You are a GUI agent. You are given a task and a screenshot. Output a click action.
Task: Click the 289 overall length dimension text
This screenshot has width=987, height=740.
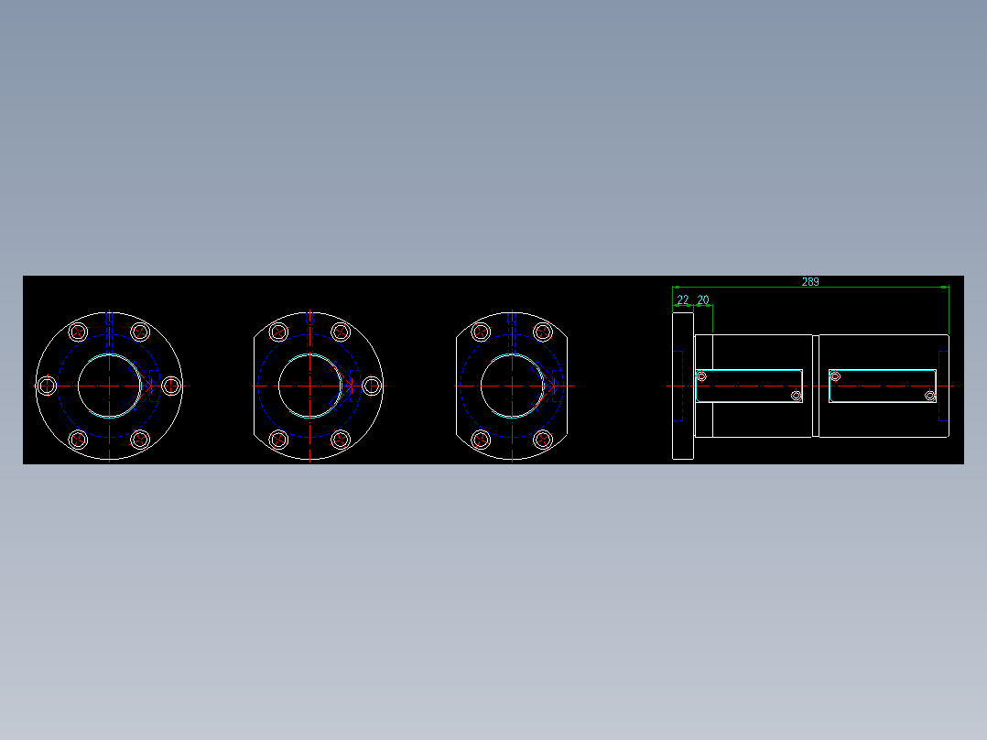[810, 282]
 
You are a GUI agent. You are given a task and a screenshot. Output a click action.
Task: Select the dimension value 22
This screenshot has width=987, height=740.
[683, 299]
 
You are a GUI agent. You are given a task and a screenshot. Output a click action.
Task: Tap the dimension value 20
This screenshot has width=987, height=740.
[703, 299]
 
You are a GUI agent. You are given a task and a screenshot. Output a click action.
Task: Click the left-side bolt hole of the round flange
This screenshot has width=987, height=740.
[46, 386]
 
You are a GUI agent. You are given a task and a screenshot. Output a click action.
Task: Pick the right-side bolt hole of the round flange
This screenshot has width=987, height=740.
[171, 386]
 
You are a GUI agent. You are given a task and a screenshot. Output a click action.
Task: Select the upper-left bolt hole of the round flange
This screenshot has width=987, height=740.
[78, 332]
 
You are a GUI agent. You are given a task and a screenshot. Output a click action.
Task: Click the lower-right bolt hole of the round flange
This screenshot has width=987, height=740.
[140, 440]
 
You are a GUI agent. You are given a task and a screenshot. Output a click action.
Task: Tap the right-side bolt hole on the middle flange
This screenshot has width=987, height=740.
[372, 386]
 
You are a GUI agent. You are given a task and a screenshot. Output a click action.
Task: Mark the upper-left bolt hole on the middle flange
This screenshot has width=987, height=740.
[279, 332]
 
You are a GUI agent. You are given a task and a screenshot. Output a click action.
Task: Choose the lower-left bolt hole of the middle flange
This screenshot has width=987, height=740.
[279, 440]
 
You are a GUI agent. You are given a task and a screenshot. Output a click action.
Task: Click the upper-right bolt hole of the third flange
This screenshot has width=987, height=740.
[542, 332]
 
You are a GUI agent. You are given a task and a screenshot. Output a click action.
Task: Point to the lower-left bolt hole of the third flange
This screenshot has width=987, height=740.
[481, 440]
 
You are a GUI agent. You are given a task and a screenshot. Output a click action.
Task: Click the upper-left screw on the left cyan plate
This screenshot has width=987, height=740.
[702, 376]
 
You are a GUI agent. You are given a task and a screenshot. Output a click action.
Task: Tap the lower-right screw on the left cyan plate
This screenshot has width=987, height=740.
[796, 396]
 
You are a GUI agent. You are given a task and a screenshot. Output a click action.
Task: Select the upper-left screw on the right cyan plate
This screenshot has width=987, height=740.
[835, 375]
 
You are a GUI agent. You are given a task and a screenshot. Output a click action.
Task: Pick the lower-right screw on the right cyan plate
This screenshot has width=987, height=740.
[929, 396]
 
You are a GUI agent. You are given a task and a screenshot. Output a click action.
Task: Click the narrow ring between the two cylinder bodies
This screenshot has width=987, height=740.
[815, 386]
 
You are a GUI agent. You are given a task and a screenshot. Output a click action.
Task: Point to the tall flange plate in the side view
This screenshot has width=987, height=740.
[683, 386]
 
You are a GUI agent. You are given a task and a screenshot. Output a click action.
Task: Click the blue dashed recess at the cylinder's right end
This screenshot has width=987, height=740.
[942, 386]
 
